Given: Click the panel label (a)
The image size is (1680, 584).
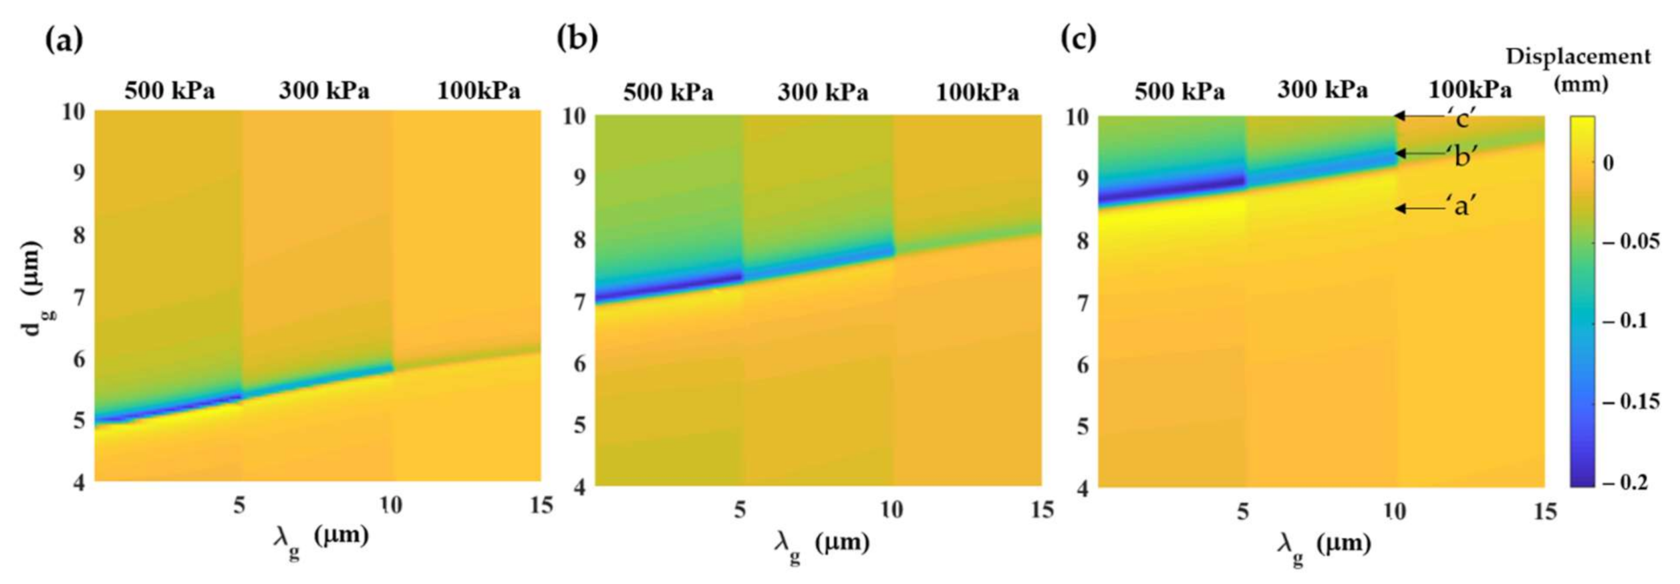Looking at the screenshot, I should (x=64, y=40).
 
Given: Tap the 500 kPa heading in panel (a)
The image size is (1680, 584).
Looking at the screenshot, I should (x=170, y=90).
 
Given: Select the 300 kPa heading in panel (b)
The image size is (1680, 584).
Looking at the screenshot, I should (x=823, y=92).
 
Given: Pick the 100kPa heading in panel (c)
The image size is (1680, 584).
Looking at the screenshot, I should (x=1469, y=90).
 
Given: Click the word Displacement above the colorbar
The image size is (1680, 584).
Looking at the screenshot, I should (x=1578, y=57).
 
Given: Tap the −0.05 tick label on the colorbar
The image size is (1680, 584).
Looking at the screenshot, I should (x=1631, y=241).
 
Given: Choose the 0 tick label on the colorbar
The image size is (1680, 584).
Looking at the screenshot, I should (x=1608, y=163).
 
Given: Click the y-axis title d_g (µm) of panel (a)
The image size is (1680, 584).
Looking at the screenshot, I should (x=33, y=287).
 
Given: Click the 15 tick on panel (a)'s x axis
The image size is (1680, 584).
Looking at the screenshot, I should (x=542, y=505).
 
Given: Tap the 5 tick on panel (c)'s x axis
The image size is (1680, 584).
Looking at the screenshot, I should (x=1242, y=512).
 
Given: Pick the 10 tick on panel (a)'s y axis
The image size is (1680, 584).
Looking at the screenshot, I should (x=74, y=112).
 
